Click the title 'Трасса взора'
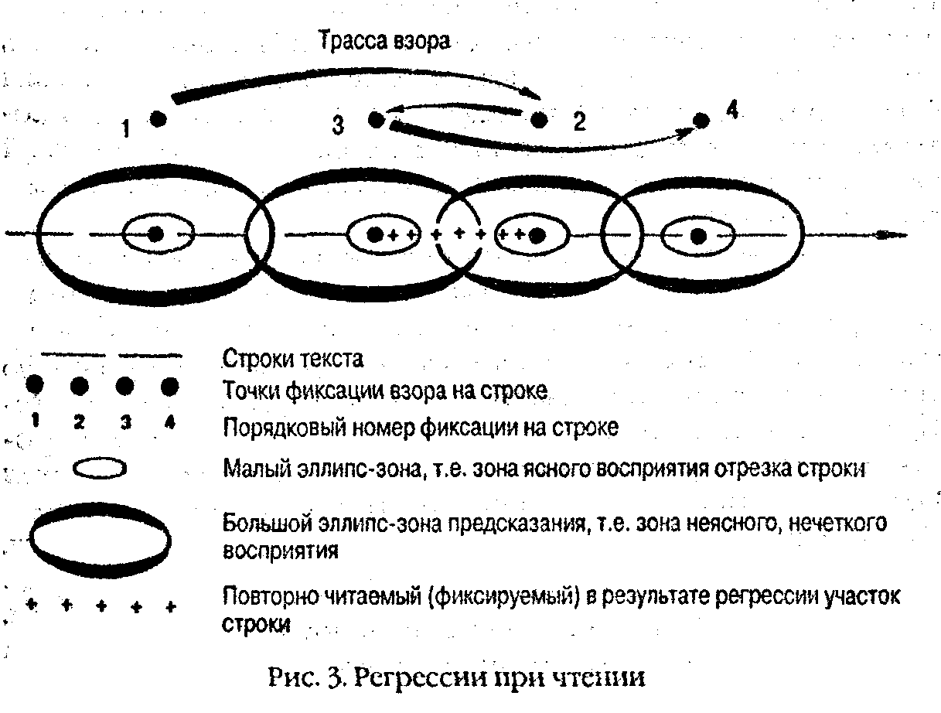383,42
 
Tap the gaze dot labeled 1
158,119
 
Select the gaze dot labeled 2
540,119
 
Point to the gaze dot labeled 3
376,120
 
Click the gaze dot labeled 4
701,120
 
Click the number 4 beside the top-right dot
731,110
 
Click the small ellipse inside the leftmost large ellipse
157,234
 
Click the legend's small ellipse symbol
99,469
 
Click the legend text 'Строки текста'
293,360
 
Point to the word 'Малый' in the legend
248,469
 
